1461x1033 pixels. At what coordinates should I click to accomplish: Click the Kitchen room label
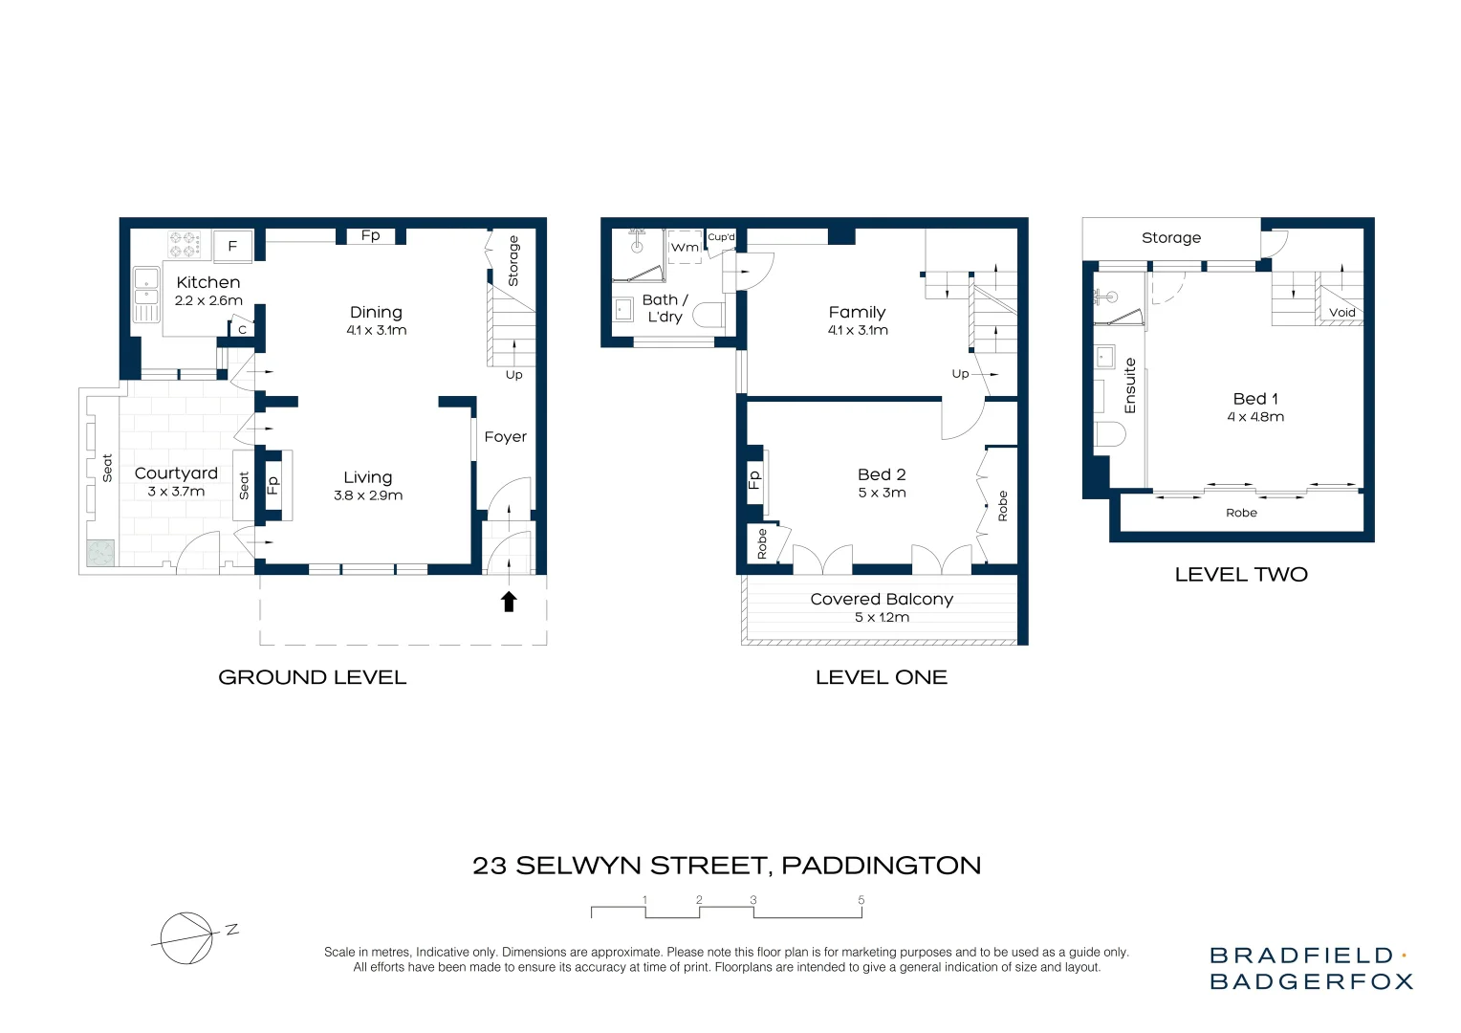click(x=207, y=282)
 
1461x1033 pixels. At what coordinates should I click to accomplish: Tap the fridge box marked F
click(x=232, y=246)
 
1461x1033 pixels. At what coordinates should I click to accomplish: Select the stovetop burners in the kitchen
click(x=185, y=245)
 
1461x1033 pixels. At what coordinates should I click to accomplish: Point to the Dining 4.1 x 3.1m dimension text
click(x=376, y=331)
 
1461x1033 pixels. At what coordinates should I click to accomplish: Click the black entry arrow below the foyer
click(x=509, y=601)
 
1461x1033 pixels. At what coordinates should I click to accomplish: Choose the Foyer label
click(x=505, y=437)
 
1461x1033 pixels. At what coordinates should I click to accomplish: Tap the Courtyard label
click(x=176, y=473)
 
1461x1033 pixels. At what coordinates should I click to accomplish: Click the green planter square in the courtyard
click(x=100, y=553)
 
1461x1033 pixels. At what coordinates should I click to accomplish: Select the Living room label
click(x=368, y=477)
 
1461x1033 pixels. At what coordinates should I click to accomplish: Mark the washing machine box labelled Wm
click(x=685, y=247)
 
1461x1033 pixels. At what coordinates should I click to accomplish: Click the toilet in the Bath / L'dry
click(x=709, y=315)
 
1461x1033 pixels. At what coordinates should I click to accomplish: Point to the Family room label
click(x=857, y=312)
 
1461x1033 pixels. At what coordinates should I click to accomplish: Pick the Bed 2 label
click(x=882, y=474)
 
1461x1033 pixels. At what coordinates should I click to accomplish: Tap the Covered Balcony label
click(x=882, y=599)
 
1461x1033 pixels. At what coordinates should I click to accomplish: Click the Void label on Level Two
click(x=1341, y=313)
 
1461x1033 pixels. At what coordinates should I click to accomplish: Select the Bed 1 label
click(x=1255, y=399)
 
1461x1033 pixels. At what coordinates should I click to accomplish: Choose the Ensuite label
click(x=1130, y=385)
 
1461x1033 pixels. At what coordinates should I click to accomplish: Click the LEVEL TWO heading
click(x=1240, y=574)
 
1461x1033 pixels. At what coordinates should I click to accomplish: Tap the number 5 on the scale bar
click(x=861, y=900)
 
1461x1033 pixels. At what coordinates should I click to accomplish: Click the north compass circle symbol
click(x=185, y=937)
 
